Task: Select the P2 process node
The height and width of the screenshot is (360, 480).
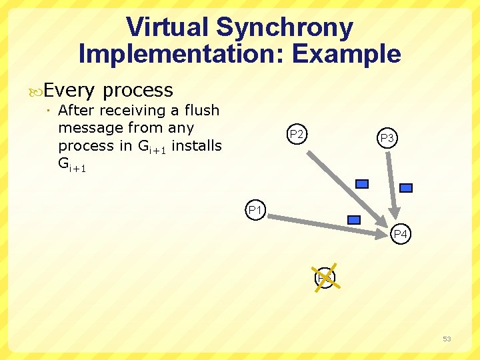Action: [x=297, y=135]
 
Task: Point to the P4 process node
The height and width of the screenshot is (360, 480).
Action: [x=401, y=235]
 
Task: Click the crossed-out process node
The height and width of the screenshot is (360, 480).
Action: [x=325, y=277]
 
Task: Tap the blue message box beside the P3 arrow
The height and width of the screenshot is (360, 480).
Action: [x=405, y=188]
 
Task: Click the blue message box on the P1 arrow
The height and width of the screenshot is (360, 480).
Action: [x=355, y=219]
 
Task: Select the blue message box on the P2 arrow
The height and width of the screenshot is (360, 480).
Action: [x=362, y=184]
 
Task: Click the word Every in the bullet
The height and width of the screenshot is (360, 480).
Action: [x=70, y=90]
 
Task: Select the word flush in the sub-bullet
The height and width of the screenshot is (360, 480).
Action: [x=201, y=110]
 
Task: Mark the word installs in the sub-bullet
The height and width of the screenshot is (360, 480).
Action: [x=197, y=145]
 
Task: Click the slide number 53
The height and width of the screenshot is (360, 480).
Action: [x=447, y=339]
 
